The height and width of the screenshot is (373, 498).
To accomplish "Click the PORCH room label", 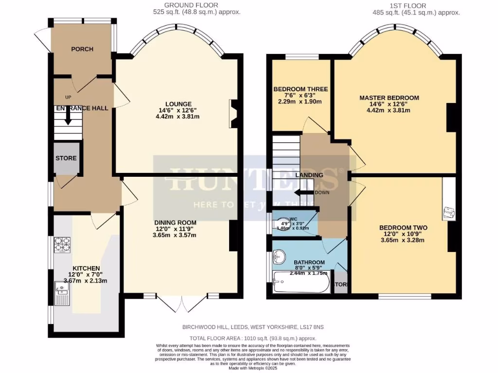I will [82, 49].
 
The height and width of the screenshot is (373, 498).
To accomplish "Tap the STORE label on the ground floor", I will [66, 158].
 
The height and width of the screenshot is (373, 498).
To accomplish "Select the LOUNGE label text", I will [178, 104].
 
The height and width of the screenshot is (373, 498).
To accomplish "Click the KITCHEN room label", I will [86, 269].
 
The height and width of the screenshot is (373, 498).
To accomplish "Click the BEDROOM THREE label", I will [301, 89].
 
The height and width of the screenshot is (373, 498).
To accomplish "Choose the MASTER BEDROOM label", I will [389, 98].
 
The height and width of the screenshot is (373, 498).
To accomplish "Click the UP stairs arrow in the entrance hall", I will [68, 116].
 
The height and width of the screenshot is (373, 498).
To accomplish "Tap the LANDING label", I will [310, 175].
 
